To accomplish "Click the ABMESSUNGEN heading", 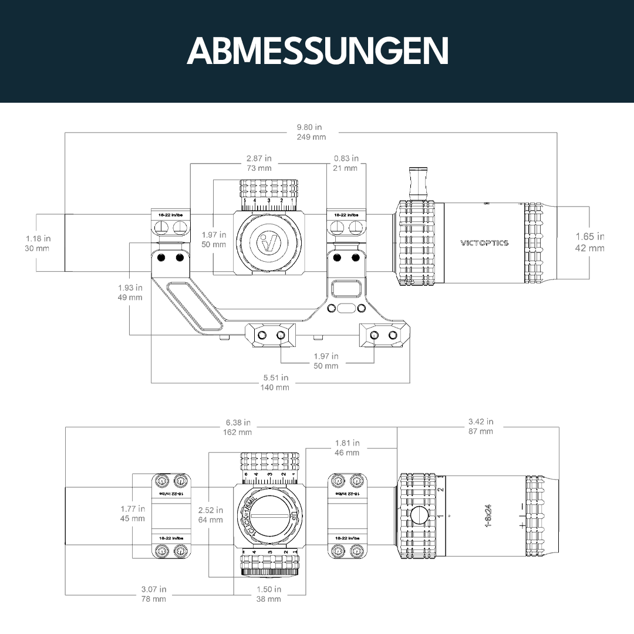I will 317,52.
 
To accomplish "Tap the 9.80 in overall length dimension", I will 309,127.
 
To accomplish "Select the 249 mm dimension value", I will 311,137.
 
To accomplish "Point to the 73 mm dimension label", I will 259,168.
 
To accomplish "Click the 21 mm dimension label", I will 346,168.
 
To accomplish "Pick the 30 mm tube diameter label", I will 37,248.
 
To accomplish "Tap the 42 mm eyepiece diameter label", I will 589,248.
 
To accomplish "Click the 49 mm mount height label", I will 130,297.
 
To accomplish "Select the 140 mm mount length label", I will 275,387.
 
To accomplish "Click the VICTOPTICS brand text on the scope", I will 484,242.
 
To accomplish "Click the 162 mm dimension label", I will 238,432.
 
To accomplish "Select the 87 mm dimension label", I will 481,431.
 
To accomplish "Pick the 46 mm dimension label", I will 348,453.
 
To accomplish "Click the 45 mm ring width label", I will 133,518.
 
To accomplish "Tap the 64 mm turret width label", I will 211,520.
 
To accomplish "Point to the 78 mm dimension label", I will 154,599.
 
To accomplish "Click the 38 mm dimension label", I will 269,599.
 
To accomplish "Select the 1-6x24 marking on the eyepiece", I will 488,515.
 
